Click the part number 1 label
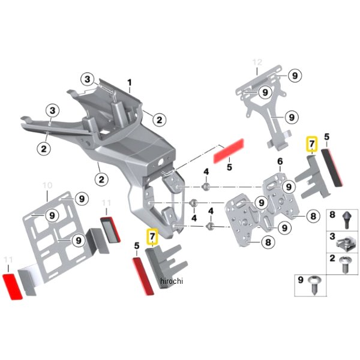(128, 82)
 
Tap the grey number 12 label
(257, 62)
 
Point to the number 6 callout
(280, 162)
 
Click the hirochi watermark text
(171, 281)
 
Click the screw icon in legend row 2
(344, 265)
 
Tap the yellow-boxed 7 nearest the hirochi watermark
(152, 235)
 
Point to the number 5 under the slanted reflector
(229, 169)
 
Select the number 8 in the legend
(333, 214)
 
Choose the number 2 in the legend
(333, 259)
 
